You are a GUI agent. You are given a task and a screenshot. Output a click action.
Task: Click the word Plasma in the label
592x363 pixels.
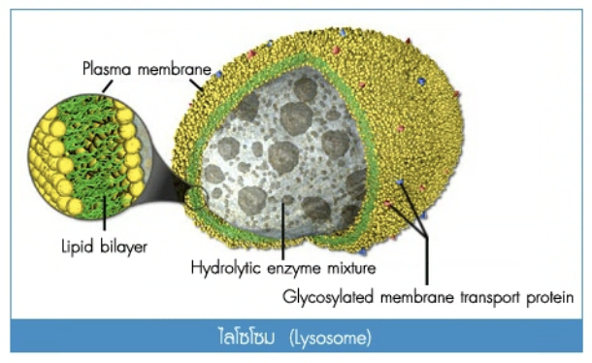coord(107,69)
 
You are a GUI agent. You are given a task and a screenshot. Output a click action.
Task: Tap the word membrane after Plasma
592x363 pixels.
coord(174,69)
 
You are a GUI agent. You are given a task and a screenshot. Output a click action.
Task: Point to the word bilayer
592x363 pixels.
coord(123,247)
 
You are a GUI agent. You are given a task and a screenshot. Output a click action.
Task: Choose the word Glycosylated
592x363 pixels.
coord(328,297)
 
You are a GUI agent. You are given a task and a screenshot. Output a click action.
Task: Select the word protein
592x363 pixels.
coord(550,298)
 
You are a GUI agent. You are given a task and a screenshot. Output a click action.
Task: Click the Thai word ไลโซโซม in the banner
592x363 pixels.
coord(247,336)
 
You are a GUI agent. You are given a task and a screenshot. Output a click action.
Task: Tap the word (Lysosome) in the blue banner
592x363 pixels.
coord(330,338)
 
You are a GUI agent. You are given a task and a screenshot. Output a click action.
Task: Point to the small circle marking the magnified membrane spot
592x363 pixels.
coord(196,198)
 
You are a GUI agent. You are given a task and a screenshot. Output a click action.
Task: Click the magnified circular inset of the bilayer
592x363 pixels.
coord(89,156)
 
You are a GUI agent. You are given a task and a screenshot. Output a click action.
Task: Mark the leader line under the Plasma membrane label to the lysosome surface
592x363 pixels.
coord(196,84)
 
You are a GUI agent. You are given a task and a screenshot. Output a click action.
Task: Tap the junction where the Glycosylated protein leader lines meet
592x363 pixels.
coord(427,237)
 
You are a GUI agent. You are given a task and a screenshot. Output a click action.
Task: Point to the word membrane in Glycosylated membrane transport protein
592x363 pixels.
coord(416,297)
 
